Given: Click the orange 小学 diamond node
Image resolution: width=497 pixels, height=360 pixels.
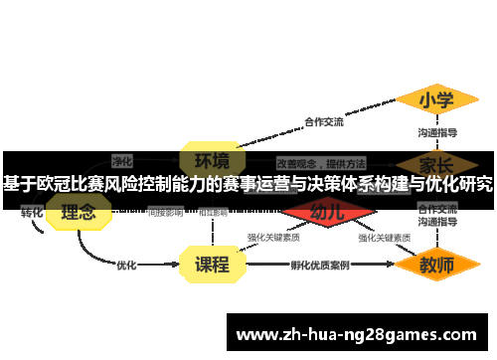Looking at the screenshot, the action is pyautogui.click(x=435, y=100).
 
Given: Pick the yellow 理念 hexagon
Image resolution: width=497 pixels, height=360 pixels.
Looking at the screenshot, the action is pyautogui.click(x=79, y=211).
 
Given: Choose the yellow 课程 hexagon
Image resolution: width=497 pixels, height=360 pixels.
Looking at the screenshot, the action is pyautogui.click(x=212, y=265).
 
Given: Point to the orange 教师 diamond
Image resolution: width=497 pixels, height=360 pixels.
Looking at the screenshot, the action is pyautogui.click(x=435, y=266).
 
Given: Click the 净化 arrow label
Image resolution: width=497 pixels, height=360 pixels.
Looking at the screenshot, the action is pyautogui.click(x=122, y=160).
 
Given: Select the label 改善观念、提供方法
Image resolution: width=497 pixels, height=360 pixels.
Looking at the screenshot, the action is pyautogui.click(x=321, y=161).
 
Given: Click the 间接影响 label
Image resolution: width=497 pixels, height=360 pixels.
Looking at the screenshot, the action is pyautogui.click(x=165, y=212).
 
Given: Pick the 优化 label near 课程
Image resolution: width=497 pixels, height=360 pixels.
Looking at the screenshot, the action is pyautogui.click(x=126, y=266).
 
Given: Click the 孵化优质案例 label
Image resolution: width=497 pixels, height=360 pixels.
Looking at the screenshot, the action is pyautogui.click(x=319, y=266).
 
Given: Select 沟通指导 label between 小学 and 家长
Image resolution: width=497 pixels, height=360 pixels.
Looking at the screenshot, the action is pyautogui.click(x=437, y=132).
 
